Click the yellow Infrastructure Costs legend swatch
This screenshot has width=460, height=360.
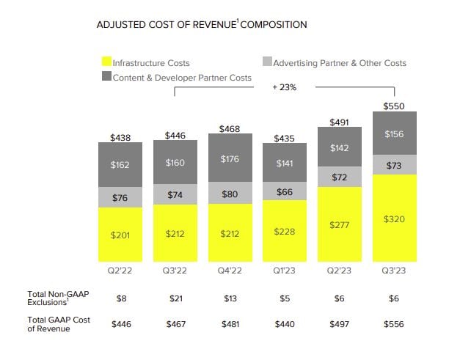point(106,63)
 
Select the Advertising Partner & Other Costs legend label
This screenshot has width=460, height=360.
point(339,63)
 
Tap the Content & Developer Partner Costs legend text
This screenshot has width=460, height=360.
point(182,78)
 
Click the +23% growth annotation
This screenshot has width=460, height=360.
point(284,87)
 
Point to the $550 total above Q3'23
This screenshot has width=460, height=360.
point(394,106)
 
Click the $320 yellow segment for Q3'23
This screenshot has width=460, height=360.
point(394,218)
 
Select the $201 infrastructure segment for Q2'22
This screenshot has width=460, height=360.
point(120,235)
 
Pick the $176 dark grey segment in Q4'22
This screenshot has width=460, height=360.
point(230,159)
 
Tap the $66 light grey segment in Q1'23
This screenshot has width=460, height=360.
point(284,192)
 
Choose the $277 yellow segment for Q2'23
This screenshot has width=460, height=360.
point(339,224)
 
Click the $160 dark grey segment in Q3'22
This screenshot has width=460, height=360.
point(175,163)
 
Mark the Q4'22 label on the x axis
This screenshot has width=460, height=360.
point(230,270)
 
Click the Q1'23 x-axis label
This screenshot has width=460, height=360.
point(284,270)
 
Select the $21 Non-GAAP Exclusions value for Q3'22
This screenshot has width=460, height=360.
point(175,298)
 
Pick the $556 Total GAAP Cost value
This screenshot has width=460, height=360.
point(394,323)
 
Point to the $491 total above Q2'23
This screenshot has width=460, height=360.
point(339,122)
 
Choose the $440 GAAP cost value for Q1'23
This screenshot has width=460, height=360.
point(284,323)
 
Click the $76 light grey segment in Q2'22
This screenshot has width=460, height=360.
point(120,198)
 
